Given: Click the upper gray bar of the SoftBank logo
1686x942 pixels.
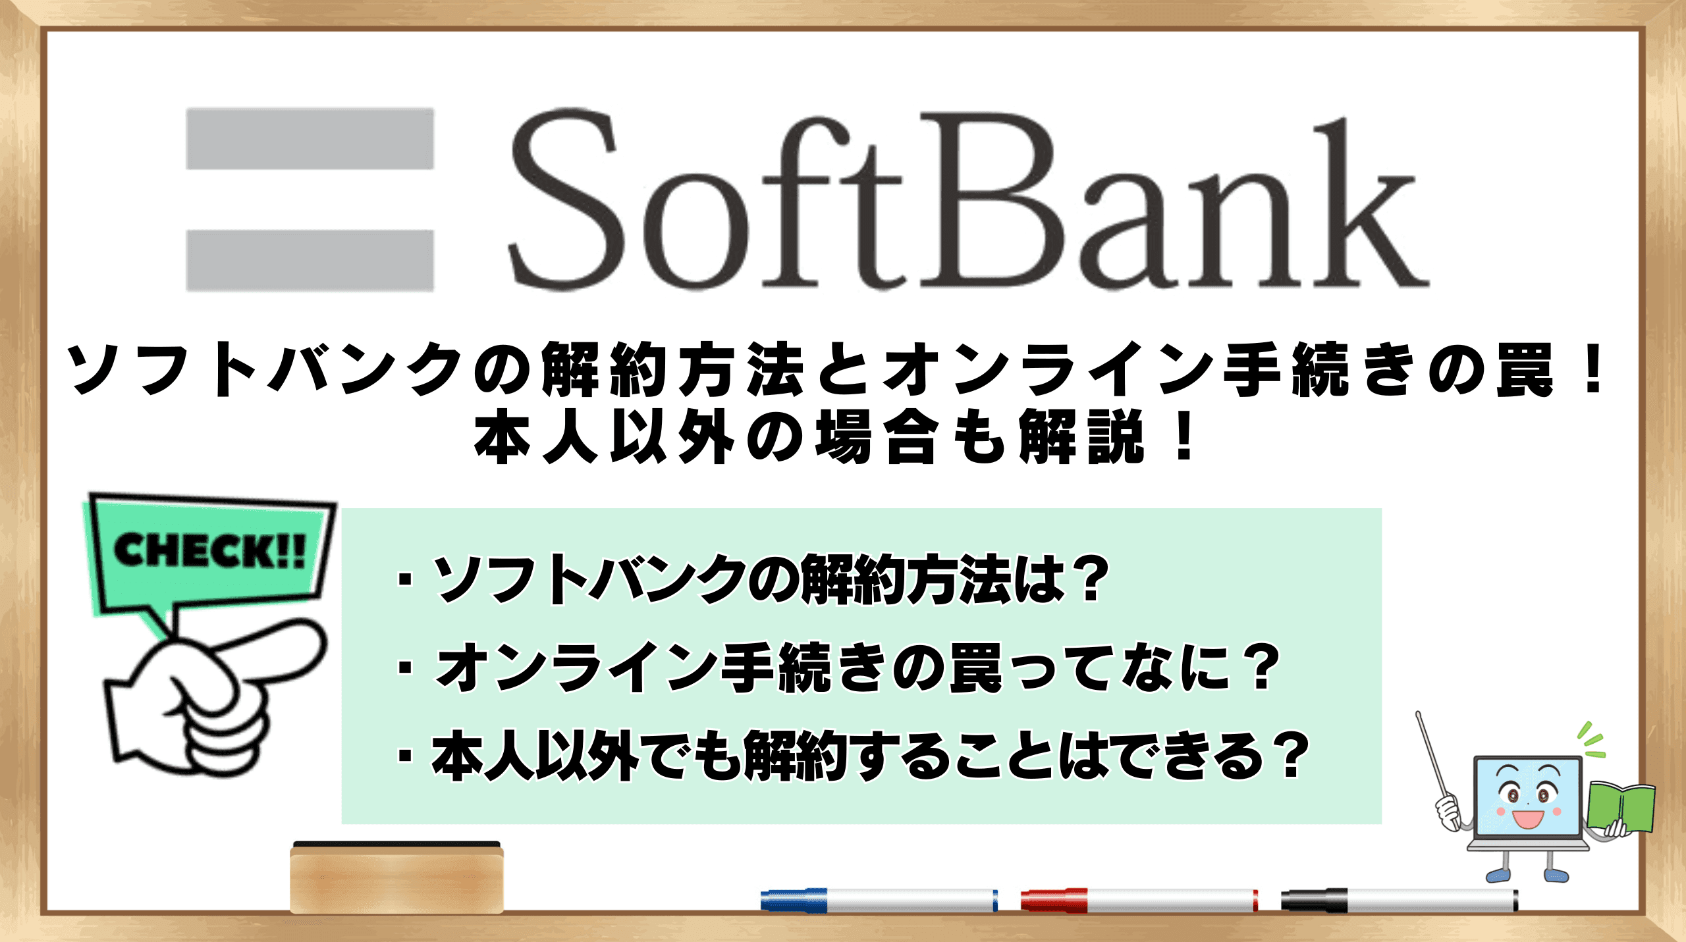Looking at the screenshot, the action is click(x=310, y=138).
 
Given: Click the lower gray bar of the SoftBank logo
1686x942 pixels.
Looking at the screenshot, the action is click(x=310, y=260).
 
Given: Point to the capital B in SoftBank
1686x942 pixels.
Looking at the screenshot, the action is click(x=996, y=199).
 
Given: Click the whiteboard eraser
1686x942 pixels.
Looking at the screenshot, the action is click(x=396, y=877).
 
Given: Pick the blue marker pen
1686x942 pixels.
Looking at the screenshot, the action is click(x=879, y=900).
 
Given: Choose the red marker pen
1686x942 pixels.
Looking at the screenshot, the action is click(x=1139, y=900).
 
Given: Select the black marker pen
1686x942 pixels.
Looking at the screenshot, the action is click(x=1400, y=900).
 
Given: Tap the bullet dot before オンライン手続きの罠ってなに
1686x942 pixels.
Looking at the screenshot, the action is click(x=406, y=668).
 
